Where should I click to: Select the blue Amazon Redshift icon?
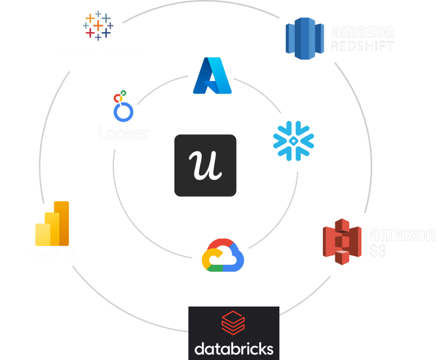point(304,38)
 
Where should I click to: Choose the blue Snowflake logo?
point(293,141)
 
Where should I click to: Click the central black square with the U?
point(205,165)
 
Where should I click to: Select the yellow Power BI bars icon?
point(52,223)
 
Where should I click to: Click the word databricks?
point(234,348)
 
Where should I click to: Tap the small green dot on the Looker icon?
point(124,92)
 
